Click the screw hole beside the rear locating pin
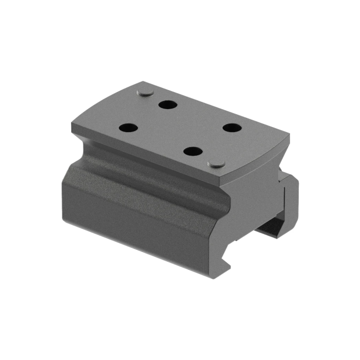(x=168, y=105)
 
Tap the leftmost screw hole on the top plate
(x=129, y=128)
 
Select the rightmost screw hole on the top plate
(x=232, y=128)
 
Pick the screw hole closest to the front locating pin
(x=193, y=152)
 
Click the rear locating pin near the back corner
(x=145, y=93)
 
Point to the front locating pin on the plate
(x=217, y=164)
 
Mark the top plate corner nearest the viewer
(x=225, y=184)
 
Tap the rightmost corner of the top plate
(x=289, y=136)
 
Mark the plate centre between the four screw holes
(x=180, y=128)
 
